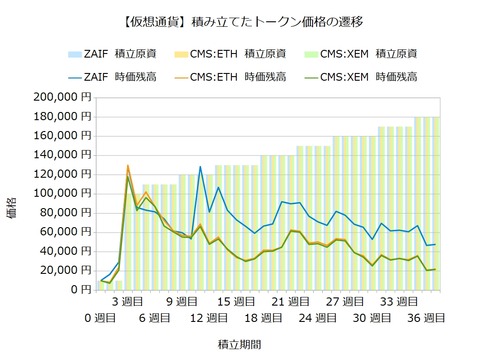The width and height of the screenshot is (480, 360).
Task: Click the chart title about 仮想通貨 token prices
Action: click(240, 20)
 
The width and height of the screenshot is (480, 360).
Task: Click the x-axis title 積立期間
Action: click(240, 343)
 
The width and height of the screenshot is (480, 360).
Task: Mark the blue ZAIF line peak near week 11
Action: click(200, 166)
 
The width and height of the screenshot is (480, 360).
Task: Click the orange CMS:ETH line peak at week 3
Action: click(128, 166)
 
